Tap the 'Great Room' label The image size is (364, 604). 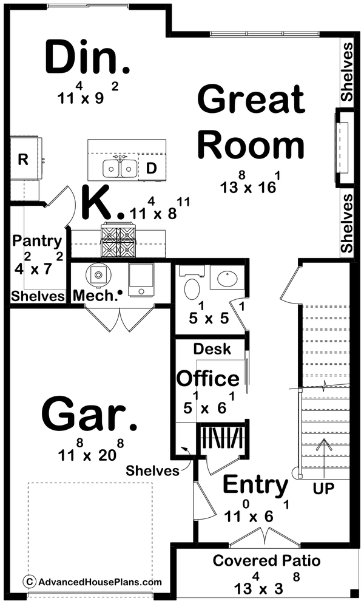point(251,123)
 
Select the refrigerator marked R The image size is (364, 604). point(24,160)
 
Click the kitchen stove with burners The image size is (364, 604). point(118,240)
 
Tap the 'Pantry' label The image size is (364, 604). point(37,241)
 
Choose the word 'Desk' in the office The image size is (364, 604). point(212,349)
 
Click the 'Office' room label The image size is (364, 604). point(207,378)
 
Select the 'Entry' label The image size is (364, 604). point(255,485)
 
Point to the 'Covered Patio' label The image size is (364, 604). point(266,560)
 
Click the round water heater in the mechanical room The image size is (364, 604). point(98,274)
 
